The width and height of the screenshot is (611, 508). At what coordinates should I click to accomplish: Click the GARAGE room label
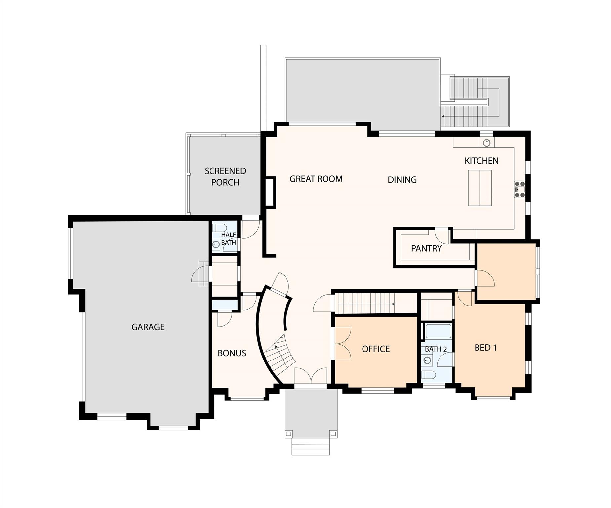pos(148,327)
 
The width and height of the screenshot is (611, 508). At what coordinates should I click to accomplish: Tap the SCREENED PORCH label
pos(225,177)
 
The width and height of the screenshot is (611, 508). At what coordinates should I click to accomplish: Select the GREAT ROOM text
pos(316,179)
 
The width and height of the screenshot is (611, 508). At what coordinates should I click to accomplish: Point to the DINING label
pos(402,180)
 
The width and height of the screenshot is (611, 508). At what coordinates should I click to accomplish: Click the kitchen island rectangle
pos(479,188)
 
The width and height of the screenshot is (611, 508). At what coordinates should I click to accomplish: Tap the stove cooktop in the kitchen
pos(519,190)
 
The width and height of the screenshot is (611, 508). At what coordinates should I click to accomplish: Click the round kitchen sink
pos(486,143)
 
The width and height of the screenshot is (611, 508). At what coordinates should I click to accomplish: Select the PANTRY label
pos(426,248)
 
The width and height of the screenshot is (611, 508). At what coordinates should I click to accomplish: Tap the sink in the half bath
pos(216,245)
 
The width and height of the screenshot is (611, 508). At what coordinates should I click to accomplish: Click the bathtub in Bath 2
pos(438,331)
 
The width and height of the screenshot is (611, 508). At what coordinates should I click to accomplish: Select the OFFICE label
pos(376,349)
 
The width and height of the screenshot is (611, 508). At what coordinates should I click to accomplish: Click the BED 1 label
pos(485,348)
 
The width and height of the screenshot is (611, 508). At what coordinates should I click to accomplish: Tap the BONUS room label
pos(232,353)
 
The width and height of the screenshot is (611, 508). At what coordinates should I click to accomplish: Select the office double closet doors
pos(343,343)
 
